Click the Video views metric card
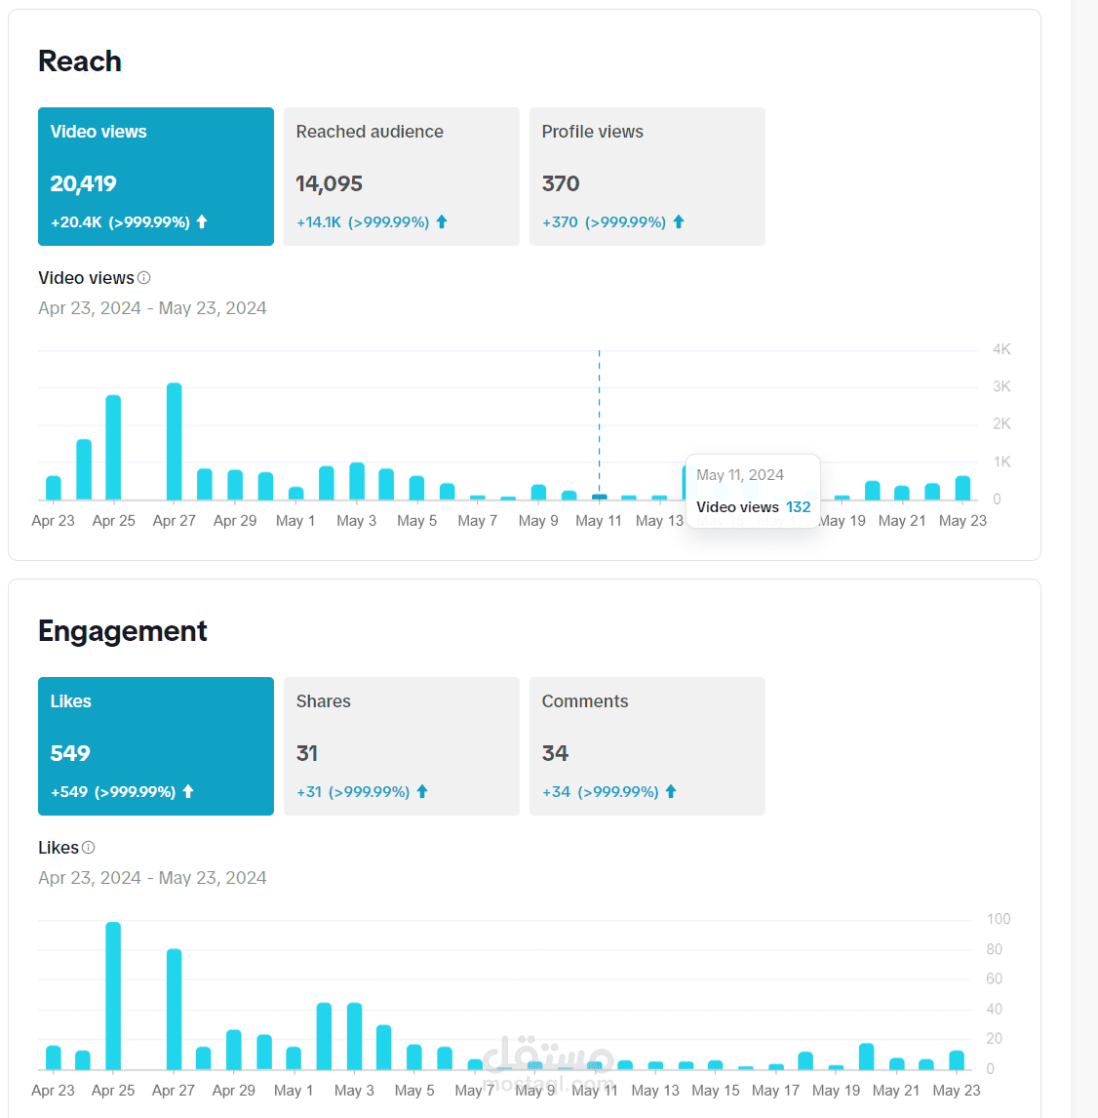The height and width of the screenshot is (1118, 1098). tap(155, 176)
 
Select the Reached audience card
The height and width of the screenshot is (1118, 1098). tap(401, 176)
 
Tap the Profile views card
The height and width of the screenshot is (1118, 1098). tap(647, 176)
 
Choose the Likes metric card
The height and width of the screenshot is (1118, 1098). tap(155, 745)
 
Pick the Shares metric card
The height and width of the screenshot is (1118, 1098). tap(401, 745)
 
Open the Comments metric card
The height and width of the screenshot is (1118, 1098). tap(647, 745)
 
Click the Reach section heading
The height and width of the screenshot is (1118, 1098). tap(80, 61)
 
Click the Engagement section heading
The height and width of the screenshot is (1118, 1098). tap(123, 631)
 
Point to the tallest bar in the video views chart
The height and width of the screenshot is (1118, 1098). tap(174, 441)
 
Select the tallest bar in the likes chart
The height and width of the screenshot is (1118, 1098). tap(113, 995)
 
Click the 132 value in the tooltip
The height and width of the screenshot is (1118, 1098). tap(799, 507)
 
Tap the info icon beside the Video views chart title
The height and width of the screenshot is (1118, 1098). tap(144, 278)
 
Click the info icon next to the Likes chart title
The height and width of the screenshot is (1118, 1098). tap(89, 848)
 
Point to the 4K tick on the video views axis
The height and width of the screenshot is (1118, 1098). tap(1001, 349)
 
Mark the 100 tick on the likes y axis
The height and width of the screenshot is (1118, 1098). tap(999, 919)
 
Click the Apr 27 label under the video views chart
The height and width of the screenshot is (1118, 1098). tap(174, 521)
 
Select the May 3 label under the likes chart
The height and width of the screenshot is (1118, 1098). tap(354, 1091)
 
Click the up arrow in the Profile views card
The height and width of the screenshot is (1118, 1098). tap(679, 222)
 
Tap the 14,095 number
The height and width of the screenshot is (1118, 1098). tap(330, 183)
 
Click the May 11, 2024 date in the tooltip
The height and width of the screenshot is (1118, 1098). tap(740, 475)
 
